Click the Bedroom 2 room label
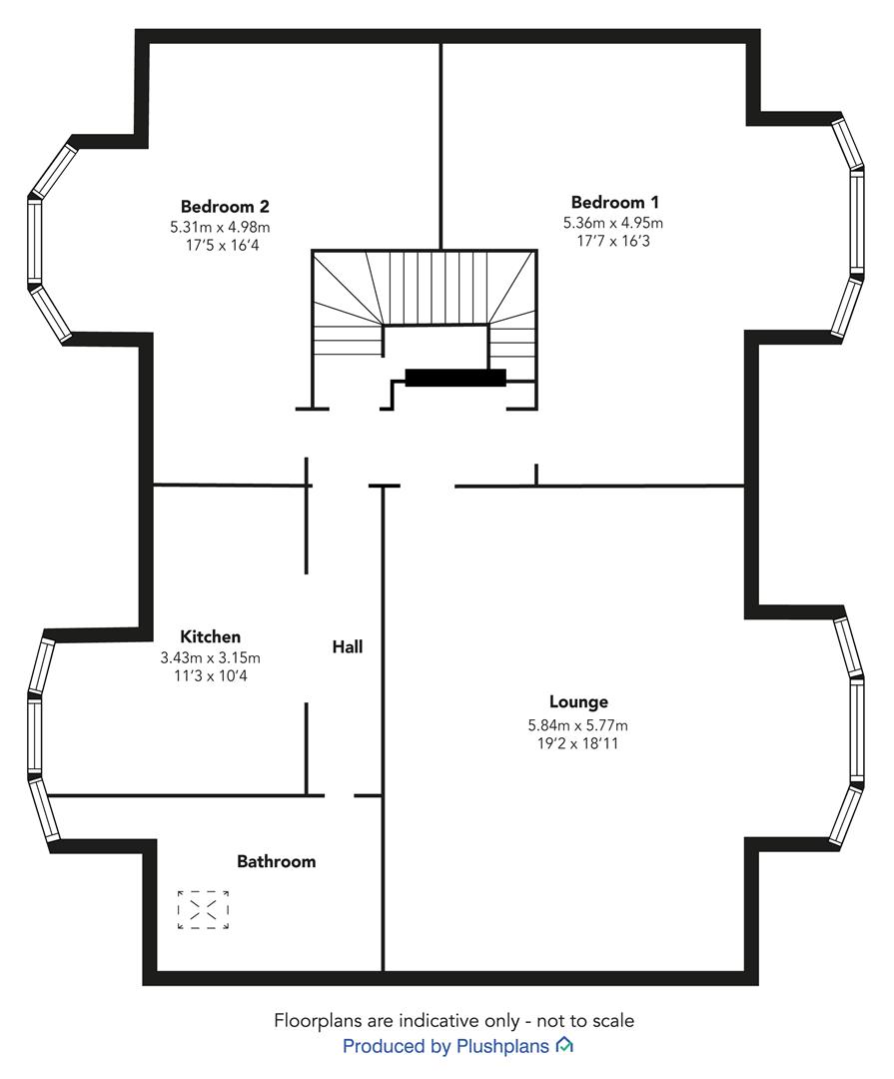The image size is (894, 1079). tap(225, 207)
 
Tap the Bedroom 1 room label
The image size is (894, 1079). tap(614, 202)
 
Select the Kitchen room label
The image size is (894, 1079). tap(210, 636)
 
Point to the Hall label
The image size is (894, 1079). tap(348, 646)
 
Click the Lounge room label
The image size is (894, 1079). tap(578, 702)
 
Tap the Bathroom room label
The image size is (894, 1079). tap(276, 861)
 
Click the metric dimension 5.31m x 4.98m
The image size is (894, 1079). tap(220, 227)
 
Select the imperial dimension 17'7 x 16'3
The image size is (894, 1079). tap(613, 241)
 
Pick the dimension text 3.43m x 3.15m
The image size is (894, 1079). tap(211, 657)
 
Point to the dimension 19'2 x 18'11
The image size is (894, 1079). tap(577, 743)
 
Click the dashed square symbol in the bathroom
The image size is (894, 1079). tap(203, 910)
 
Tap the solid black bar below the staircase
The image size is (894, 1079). tap(455, 378)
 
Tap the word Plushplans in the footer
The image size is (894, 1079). tap(502, 1047)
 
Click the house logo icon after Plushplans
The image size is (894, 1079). tap(564, 1045)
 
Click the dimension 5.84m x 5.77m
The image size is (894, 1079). tap(578, 725)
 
